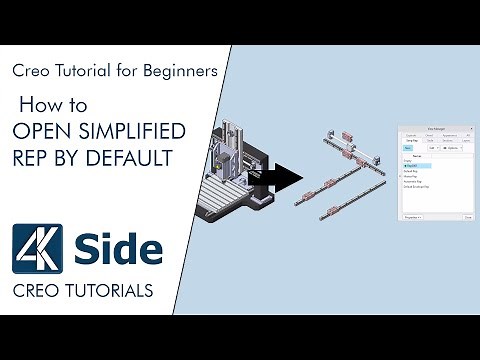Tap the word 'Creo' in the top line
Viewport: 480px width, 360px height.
(x=29, y=71)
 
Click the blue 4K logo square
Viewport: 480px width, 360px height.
(x=38, y=248)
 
